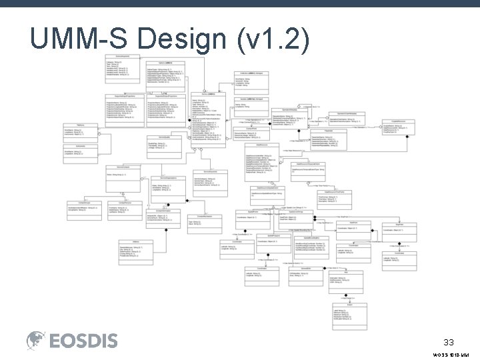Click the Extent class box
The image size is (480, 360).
(360, 317)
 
